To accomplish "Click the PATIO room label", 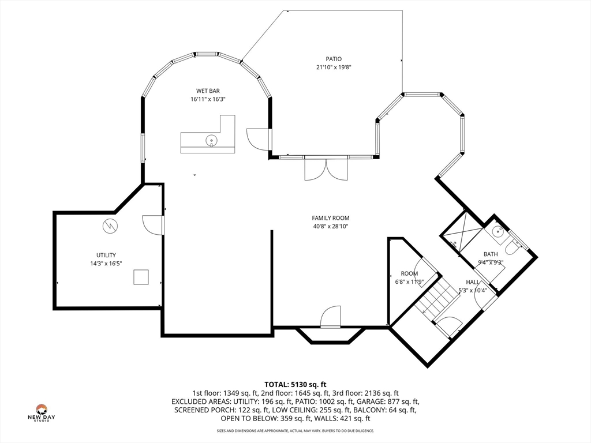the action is point(334,59).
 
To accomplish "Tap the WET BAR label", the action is point(208,91).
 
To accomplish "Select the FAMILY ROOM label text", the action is point(331,217).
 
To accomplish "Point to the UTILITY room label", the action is point(106,255).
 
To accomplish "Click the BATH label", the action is point(491,254).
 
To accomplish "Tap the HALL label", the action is point(473,281).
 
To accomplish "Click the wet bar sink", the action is point(211,141).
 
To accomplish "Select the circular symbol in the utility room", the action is point(110,226).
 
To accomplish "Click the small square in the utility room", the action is point(141,277).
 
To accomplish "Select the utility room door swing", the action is point(152,226).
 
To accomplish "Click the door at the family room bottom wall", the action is point(331,316).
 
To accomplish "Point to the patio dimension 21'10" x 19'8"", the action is point(334,67).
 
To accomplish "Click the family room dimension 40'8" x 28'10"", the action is point(331,226).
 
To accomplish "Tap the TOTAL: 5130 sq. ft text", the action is point(295,385).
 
